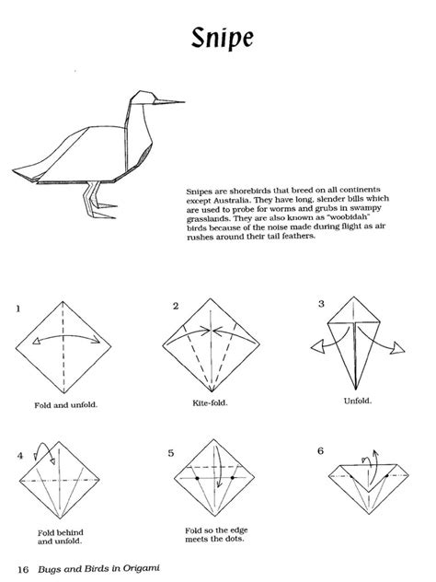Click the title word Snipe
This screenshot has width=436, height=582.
point(223,39)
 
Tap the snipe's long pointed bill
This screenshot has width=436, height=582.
point(169,101)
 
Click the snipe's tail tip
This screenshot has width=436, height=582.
point(14,170)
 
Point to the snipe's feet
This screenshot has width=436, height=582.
point(102,210)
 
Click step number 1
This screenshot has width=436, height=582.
point(17,308)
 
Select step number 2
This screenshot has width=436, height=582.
point(176,307)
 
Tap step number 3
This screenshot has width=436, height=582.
point(321,304)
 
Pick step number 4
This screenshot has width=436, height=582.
point(20,456)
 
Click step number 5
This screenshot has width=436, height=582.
point(171,453)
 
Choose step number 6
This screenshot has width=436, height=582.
point(321,451)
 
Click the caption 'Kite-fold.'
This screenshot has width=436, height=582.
point(210,402)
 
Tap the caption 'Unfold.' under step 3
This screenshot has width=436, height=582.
point(358,401)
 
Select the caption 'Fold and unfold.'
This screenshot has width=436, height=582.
point(66,405)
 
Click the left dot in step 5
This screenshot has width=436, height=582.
point(197,479)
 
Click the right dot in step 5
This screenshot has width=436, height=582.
point(233,478)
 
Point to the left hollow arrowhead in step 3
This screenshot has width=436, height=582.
point(317,348)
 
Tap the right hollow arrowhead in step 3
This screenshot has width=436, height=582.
point(397,348)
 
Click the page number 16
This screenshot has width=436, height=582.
point(23,569)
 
